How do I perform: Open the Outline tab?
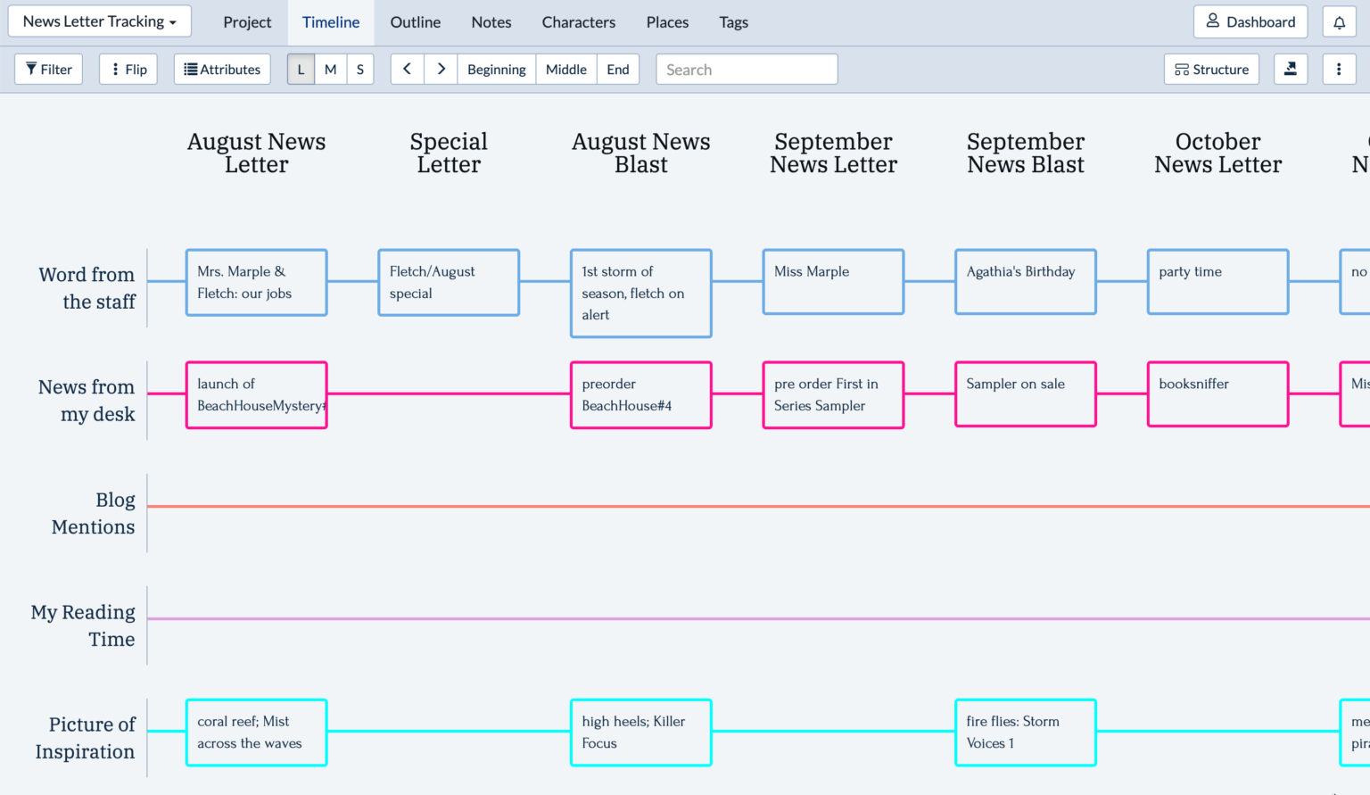[415, 22]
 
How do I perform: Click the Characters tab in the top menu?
[578, 22]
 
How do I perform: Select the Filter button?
[49, 70]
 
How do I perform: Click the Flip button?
[128, 70]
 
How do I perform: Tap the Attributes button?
[222, 70]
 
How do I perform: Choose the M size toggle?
[330, 70]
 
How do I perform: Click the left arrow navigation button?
[407, 70]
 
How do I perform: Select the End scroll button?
[617, 70]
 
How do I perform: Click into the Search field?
[747, 70]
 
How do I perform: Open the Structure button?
[1211, 70]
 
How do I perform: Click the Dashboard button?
[1250, 22]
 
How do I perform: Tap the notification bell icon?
[1339, 22]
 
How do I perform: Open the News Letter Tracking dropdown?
[100, 21]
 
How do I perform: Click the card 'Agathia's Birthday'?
[1025, 282]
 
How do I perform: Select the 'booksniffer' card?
[1217, 394]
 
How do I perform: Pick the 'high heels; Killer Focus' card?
[640, 733]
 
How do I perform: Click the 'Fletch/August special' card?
[449, 282]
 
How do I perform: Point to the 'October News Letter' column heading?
[1217, 153]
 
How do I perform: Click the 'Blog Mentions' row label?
[93, 513]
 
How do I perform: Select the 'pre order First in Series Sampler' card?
[833, 394]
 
